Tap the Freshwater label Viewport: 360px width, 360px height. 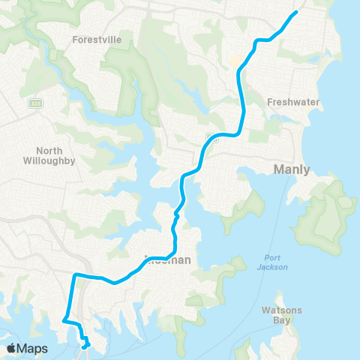[294, 101]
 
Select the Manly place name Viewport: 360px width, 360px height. [292, 169]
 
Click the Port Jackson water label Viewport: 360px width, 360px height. [271, 262]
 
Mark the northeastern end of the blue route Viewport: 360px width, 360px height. [297, 12]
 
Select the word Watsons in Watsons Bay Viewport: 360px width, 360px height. [281, 310]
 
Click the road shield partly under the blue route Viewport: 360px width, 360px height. [213, 139]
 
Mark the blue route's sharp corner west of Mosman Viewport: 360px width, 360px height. [73, 277]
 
